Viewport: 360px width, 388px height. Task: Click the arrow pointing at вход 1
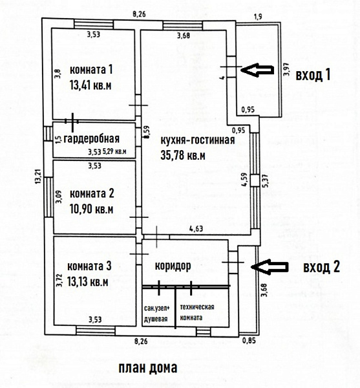pyautogui.click(x=257, y=70)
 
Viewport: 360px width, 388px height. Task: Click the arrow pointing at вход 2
pyautogui.click(x=270, y=266)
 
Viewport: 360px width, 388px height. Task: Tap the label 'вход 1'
pyautogui.click(x=313, y=75)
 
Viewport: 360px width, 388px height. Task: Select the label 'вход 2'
pyautogui.click(x=321, y=267)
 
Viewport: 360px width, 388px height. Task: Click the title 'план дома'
pyautogui.click(x=148, y=368)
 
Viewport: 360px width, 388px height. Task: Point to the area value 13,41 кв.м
pyautogui.click(x=90, y=85)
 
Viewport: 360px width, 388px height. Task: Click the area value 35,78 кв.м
pyautogui.click(x=183, y=156)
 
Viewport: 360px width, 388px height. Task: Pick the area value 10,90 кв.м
pyautogui.click(x=92, y=210)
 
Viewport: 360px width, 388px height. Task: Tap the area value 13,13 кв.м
pyautogui.click(x=88, y=282)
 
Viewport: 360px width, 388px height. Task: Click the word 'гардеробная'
pyautogui.click(x=92, y=139)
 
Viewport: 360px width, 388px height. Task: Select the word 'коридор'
pyautogui.click(x=173, y=266)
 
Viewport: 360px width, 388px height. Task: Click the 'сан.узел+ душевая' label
pyautogui.click(x=157, y=314)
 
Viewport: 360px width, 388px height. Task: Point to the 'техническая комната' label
pyautogui.click(x=197, y=312)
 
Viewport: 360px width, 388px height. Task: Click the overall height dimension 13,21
pyautogui.click(x=38, y=176)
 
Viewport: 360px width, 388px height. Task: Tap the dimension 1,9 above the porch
pyautogui.click(x=258, y=17)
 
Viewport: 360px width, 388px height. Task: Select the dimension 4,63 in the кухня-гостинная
pyautogui.click(x=196, y=228)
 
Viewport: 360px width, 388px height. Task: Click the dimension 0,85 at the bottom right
pyautogui.click(x=249, y=341)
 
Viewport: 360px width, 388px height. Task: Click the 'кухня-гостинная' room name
pyautogui.click(x=198, y=140)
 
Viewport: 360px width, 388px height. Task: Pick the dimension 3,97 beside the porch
pyautogui.click(x=286, y=69)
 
